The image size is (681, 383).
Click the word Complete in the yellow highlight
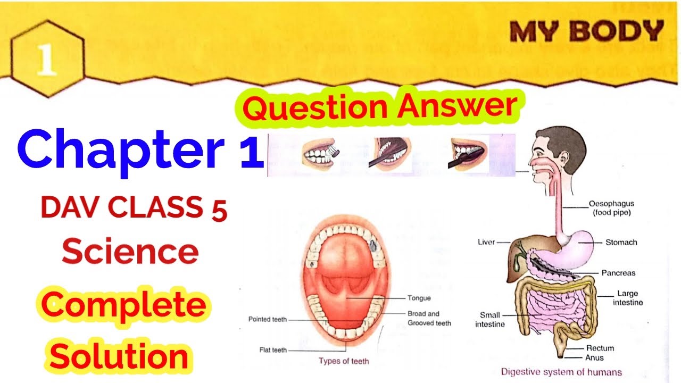tap(124, 307)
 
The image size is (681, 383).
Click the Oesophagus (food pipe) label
tap(611, 207)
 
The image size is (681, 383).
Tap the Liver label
tap(486, 242)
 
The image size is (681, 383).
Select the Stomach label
tap(621, 243)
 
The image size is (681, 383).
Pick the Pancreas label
tap(618, 273)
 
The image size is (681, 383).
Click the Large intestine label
tap(627, 298)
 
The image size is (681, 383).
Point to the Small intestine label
tap(490, 319)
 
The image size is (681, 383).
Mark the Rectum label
tap(600, 348)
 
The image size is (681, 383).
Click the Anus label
tap(594, 358)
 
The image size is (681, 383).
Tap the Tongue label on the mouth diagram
tap(419, 298)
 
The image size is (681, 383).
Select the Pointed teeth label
tap(268, 320)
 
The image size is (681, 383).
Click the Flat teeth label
tap(273, 350)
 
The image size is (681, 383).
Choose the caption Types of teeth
tap(344, 361)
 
